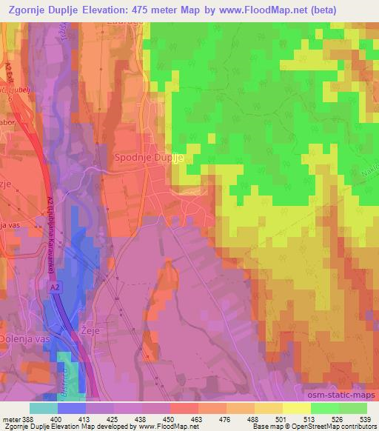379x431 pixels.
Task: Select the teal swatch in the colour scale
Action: point(44,408)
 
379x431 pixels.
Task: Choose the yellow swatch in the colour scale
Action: point(296,408)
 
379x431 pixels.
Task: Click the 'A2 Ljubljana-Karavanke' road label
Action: point(52,230)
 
